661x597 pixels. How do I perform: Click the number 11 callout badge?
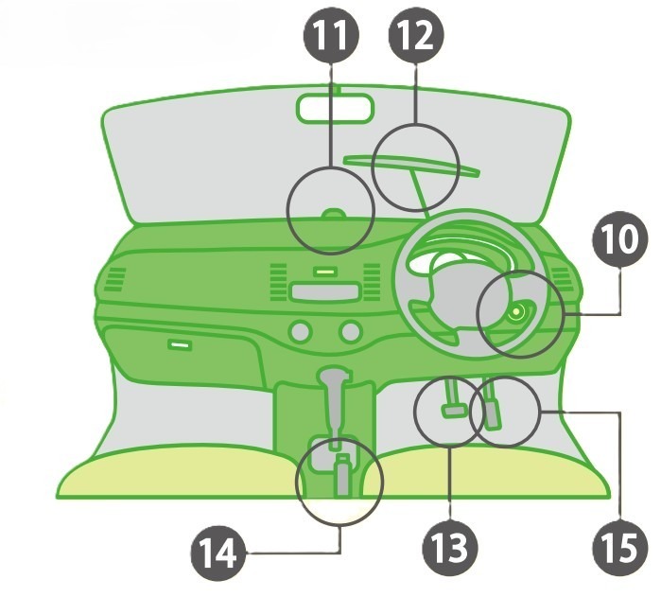331,35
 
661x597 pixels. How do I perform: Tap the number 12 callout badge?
416,36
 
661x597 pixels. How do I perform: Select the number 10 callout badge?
619,239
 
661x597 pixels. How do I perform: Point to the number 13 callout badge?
450,548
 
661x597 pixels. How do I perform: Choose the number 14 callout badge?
218,553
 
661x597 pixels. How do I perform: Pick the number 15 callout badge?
620,548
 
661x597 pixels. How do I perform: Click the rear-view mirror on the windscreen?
336,109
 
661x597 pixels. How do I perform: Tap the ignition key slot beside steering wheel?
516,312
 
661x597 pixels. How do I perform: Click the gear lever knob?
335,376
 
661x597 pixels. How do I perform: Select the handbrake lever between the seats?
342,475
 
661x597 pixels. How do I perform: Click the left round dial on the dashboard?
300,331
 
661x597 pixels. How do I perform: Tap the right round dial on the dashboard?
351,331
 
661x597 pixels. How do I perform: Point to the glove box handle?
180,344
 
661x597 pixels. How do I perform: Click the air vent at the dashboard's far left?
115,279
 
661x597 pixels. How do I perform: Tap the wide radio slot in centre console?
325,291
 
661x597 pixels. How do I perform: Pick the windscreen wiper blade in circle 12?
411,165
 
